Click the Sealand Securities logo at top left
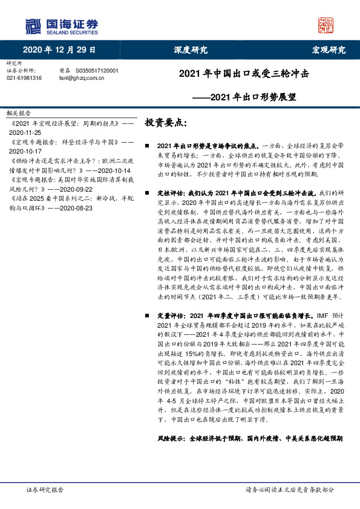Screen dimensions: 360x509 pyautogui.click(x=61, y=26)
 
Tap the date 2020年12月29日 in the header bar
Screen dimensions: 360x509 pyautogui.click(x=60, y=50)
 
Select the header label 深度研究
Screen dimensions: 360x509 pyautogui.click(x=191, y=50)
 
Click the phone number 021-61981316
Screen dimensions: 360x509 pyautogui.click(x=24, y=78)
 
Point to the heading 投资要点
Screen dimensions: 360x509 pyautogui.click(x=162, y=122)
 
